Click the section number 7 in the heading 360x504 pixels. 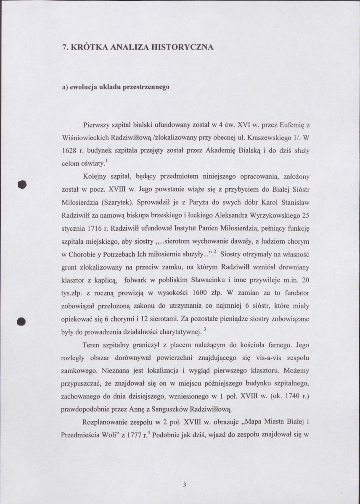[x=64, y=47]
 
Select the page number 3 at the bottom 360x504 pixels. [x=185, y=485]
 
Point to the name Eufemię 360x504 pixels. [x=289, y=125]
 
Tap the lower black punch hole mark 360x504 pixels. [x=20, y=321]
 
